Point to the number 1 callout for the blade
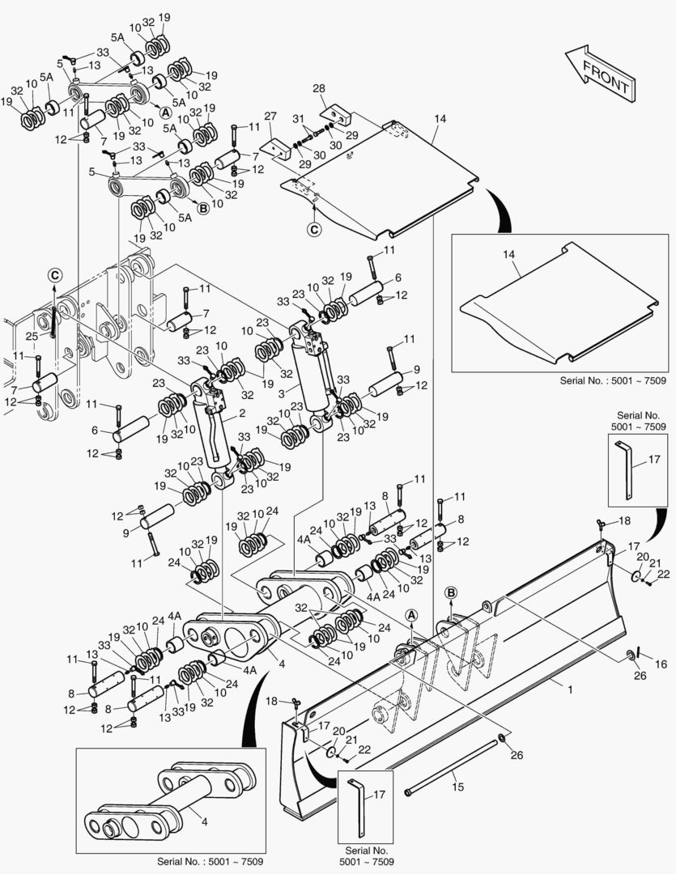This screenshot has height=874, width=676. (570, 689)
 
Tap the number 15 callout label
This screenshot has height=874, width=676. (458, 786)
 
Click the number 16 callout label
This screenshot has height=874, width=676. (661, 664)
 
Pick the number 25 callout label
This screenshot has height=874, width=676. (31, 335)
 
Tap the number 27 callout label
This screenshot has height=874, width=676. (270, 117)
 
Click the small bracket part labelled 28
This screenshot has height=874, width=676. (334, 109)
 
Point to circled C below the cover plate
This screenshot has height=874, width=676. (313, 230)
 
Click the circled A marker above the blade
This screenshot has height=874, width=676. (411, 616)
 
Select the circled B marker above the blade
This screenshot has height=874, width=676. (451, 592)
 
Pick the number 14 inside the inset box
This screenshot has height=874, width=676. (509, 254)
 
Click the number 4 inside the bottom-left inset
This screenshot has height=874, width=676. (205, 822)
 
